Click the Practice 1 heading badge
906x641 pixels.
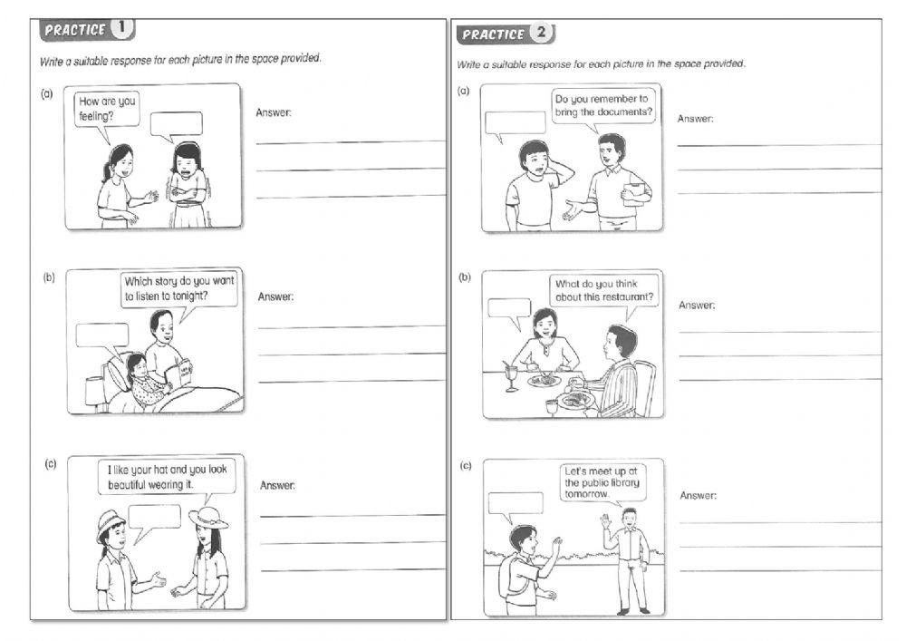click(x=87, y=30)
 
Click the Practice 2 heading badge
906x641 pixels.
click(x=506, y=34)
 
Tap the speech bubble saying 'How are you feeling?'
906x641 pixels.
click(x=107, y=110)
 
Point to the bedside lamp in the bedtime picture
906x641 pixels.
click(x=95, y=391)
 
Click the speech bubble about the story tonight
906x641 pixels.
click(x=178, y=289)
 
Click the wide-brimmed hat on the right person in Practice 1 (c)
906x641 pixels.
click(x=207, y=517)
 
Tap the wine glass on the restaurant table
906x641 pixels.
click(x=513, y=375)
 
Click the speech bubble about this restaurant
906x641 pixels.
click(x=604, y=290)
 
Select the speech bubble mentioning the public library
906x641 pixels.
click(x=602, y=481)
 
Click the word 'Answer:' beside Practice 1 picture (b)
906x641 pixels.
click(x=275, y=296)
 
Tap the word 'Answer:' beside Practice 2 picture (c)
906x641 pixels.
click(x=698, y=495)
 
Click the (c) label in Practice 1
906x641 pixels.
click(x=51, y=464)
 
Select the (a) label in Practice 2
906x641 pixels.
click(x=464, y=91)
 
